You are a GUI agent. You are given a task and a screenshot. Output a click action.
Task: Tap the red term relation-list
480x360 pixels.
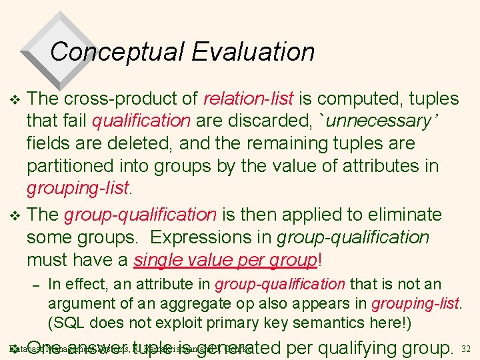pos(248,99)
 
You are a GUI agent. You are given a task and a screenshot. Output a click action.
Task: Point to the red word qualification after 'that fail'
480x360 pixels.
pos(141,121)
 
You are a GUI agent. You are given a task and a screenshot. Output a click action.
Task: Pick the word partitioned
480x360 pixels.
pos(73,165)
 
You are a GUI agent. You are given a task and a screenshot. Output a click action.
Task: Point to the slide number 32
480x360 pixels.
pos(466,349)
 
